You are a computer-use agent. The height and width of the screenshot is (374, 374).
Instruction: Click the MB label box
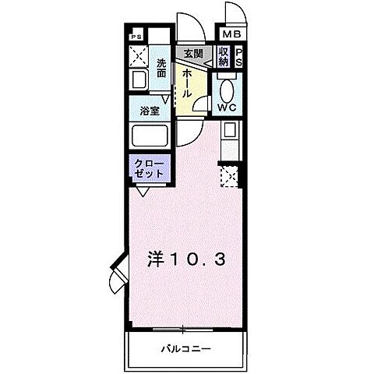233,34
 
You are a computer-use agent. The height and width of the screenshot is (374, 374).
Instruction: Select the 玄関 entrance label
192,54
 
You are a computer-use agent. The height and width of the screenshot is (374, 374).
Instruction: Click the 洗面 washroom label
161,67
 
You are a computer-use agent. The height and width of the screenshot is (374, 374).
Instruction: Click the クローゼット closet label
149,168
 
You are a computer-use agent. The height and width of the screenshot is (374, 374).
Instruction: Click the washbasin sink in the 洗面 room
140,79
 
